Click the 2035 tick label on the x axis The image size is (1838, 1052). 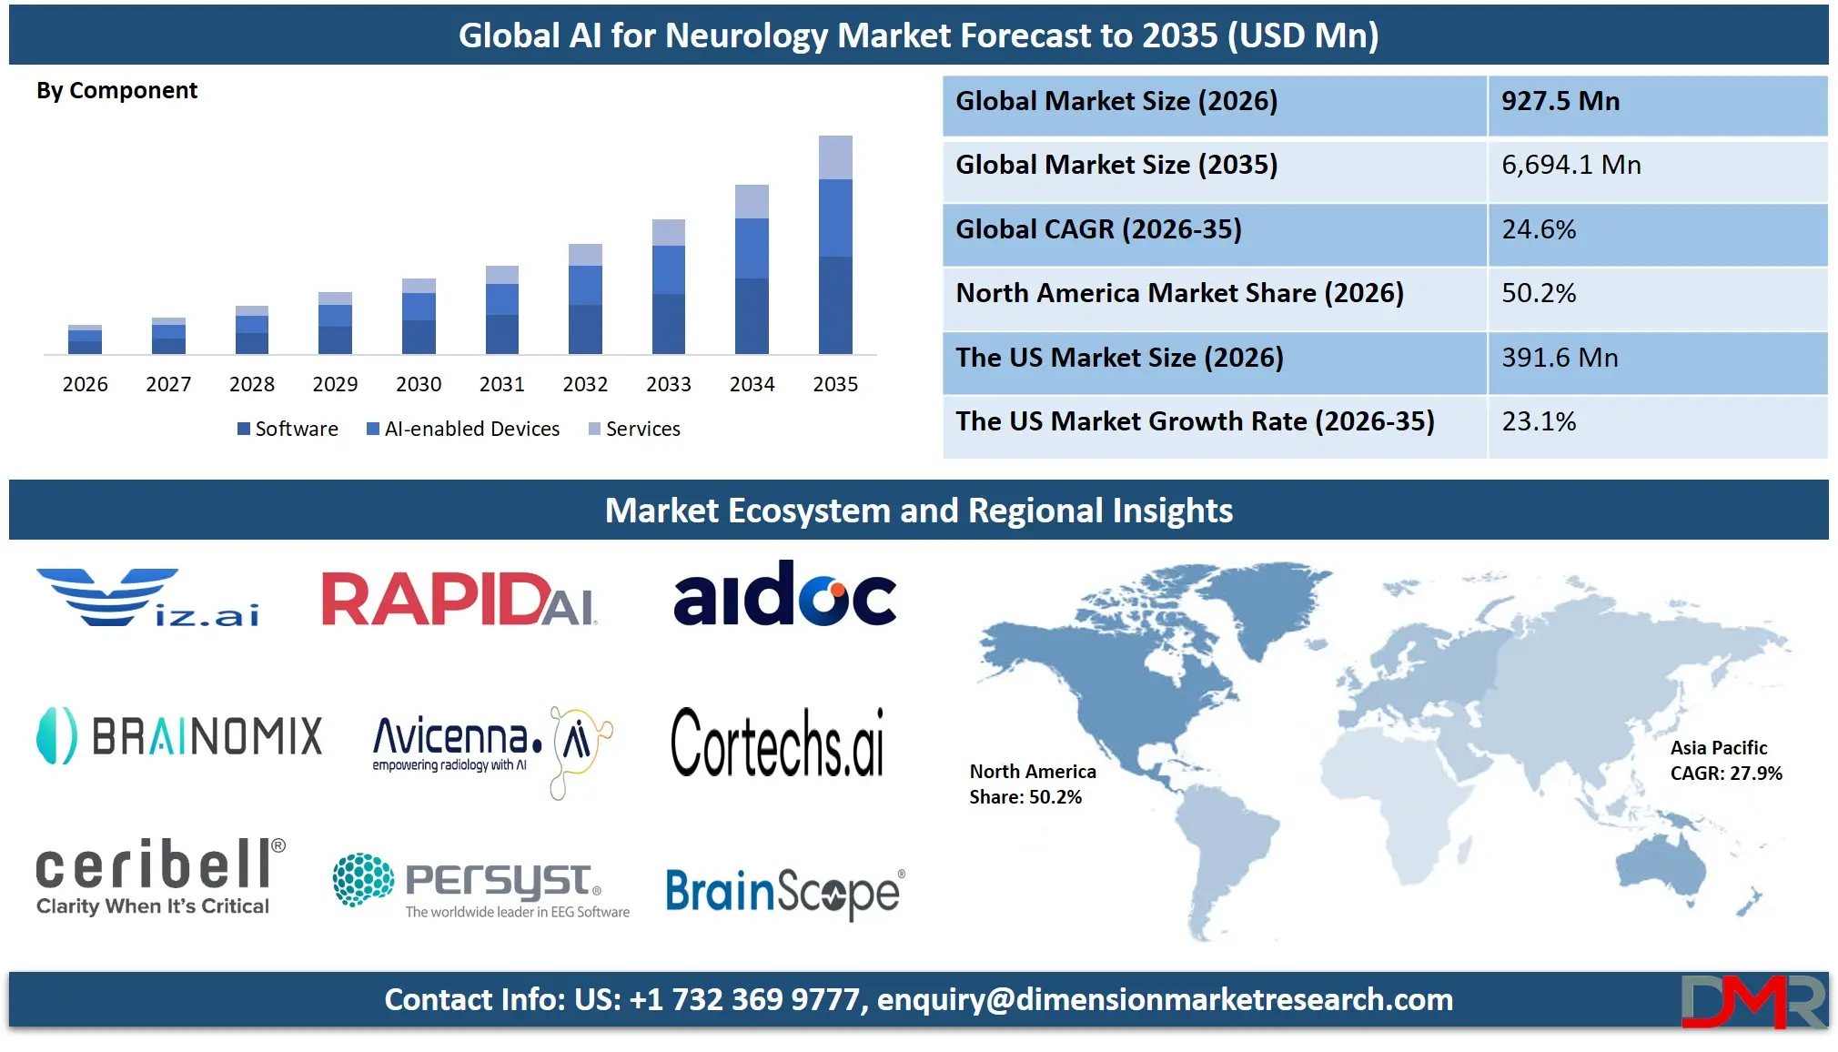(835, 384)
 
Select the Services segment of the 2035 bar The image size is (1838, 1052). (835, 157)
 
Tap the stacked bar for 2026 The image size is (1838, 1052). (85, 339)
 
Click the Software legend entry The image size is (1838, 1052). (288, 429)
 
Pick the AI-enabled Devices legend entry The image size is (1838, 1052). (463, 429)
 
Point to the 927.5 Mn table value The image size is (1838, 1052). (1560, 101)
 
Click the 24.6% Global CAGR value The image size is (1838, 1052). (1539, 229)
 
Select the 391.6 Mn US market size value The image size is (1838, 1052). (1560, 358)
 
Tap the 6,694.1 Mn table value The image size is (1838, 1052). (1571, 165)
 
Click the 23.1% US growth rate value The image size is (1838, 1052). (1539, 421)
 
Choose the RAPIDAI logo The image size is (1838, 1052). (459, 600)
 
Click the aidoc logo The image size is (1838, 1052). (784, 594)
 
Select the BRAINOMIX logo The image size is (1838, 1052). (179, 735)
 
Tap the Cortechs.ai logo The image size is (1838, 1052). (777, 743)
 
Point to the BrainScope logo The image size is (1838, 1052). (784, 892)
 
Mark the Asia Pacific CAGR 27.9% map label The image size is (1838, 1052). (1725, 761)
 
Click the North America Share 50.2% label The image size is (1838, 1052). (1032, 784)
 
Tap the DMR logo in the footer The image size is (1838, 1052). (1752, 1001)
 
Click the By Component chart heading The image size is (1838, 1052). (116, 91)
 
